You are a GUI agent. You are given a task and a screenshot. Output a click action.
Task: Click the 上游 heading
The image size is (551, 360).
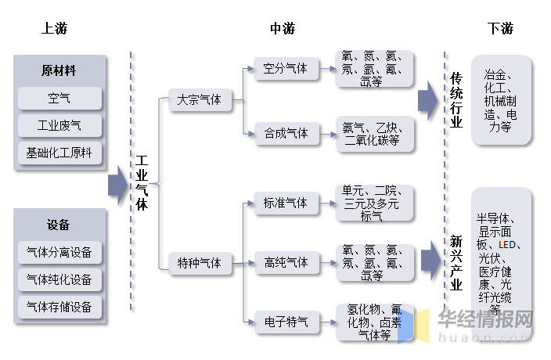click(x=55, y=29)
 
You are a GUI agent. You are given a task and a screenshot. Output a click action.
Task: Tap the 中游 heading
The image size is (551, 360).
click(x=283, y=29)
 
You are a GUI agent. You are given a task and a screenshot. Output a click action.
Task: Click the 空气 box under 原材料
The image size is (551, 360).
click(x=59, y=99)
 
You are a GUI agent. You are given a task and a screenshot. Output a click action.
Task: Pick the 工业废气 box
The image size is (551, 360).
click(x=59, y=125)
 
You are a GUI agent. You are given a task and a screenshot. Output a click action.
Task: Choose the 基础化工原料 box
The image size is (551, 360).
click(x=59, y=153)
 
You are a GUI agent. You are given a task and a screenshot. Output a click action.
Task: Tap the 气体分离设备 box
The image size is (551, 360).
click(x=59, y=252)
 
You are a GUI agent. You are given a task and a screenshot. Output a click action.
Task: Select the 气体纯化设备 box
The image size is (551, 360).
click(x=59, y=279)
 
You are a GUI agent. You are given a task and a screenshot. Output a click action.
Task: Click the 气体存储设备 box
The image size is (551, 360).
click(x=59, y=307)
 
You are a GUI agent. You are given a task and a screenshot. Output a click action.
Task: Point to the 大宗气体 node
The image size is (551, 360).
click(x=200, y=100)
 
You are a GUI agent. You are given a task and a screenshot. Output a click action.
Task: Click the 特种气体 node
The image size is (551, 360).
click(x=200, y=263)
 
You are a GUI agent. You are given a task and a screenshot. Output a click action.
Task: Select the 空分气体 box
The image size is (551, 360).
click(x=286, y=69)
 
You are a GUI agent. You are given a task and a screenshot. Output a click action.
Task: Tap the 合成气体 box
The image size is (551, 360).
click(x=286, y=134)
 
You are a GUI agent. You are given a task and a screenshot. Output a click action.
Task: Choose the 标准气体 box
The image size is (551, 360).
click(x=286, y=203)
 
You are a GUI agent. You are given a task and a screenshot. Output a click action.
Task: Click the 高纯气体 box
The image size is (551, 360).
click(x=286, y=262)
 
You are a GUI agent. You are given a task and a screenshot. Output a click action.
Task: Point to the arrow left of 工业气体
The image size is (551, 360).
click(x=117, y=185)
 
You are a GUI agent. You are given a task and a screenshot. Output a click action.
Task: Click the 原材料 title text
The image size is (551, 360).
click(x=59, y=70)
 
